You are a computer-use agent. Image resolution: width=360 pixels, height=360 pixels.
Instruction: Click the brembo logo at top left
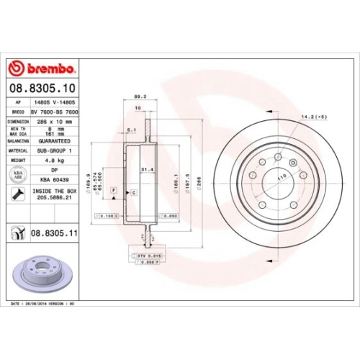pos(41,68)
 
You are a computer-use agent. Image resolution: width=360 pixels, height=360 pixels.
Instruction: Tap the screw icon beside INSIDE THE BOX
pos(16,194)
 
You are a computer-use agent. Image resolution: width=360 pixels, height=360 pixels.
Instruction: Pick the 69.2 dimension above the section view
pos(140,95)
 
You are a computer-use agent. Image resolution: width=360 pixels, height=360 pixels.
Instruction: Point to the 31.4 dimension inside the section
pos(145,170)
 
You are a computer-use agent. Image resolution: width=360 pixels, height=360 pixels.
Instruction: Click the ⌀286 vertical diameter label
pos(210,184)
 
